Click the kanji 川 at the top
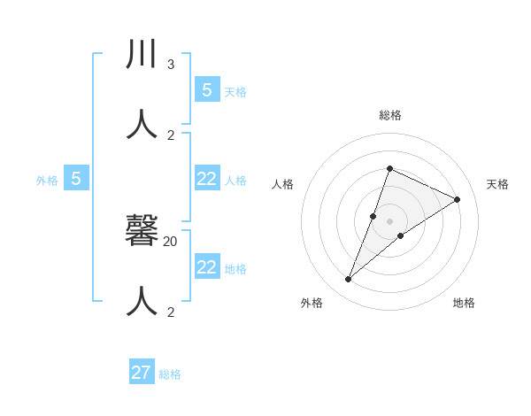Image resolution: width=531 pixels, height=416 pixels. coord(142,55)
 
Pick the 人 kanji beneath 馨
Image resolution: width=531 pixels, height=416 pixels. coord(142,301)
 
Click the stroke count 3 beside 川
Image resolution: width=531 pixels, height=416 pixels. coord(171,65)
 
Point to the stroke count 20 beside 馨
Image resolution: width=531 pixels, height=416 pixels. coord(171,241)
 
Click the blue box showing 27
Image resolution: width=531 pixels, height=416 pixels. coord(142,373)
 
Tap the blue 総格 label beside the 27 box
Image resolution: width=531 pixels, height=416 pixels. coord(170,374)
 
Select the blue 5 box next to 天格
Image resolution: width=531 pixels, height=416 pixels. coord(207,89)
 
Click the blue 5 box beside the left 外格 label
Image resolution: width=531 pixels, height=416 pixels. coord(76,179)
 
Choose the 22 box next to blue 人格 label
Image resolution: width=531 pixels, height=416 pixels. coord(207,179)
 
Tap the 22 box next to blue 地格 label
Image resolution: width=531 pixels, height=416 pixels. coord(207,267)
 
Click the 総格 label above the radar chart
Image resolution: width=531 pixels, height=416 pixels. coord(389,115)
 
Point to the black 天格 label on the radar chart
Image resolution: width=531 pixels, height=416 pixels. coord(497,184)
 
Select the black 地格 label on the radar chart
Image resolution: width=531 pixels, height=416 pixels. coord(464,303)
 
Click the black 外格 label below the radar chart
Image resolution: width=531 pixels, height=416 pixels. coord(312,303)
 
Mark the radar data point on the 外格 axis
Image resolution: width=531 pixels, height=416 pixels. coord(349,280)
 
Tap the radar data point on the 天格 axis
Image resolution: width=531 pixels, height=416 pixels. coord(458,200)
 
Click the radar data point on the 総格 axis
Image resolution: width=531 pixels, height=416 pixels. coord(389,168)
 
